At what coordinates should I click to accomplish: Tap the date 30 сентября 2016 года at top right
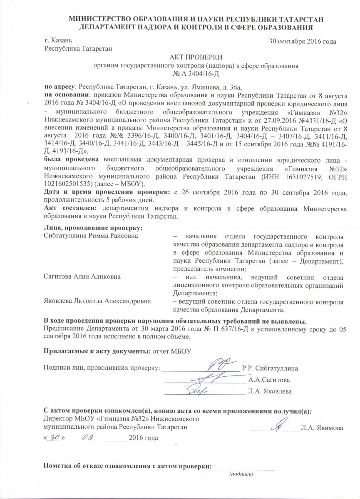pyautogui.click(x=303, y=41)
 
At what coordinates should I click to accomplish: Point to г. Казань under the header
pyautogui.click(x=59, y=41)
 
